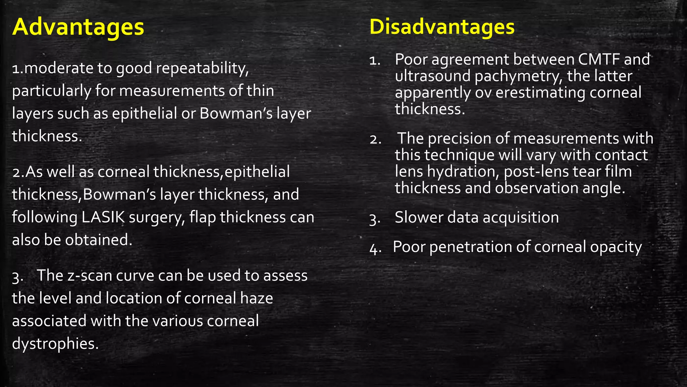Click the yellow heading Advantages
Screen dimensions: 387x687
tap(78, 27)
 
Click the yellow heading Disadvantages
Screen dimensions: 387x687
tap(442, 27)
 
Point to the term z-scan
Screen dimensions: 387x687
tap(90, 275)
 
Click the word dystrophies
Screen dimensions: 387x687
tap(55, 344)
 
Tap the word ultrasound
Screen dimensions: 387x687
tap(433, 76)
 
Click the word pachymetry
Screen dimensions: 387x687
tap(519, 77)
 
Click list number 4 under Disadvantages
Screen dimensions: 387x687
tap(374, 248)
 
